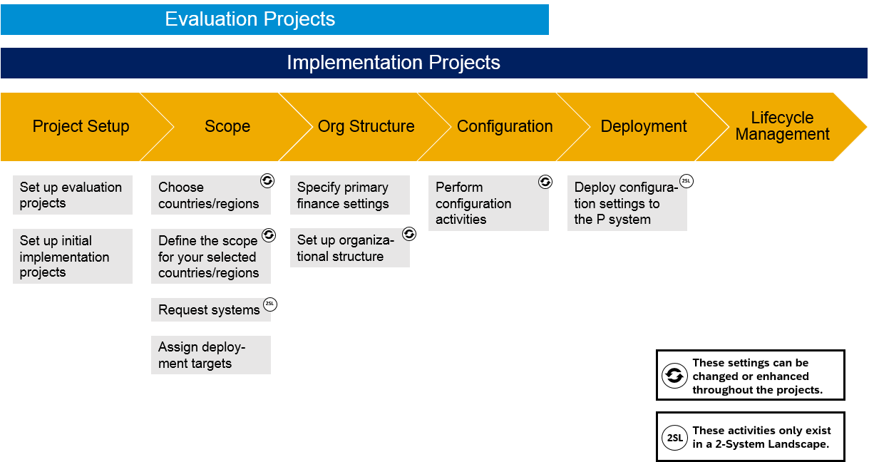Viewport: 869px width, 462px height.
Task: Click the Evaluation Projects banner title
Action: [250, 19]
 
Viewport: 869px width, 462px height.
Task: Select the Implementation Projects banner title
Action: [394, 63]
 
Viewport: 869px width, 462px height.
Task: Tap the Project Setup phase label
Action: [81, 126]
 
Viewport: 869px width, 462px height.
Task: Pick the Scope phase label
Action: [227, 126]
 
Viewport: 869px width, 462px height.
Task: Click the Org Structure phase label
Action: [366, 126]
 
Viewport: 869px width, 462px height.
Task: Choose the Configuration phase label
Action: [505, 126]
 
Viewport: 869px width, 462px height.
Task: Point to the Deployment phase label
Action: [644, 126]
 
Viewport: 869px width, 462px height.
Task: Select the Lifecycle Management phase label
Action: [782, 125]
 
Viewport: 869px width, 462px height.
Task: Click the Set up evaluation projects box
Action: [73, 195]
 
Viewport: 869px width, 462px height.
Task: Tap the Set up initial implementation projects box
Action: [73, 256]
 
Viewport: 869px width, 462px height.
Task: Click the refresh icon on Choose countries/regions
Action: [267, 181]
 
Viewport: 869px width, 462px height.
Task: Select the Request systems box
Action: [211, 309]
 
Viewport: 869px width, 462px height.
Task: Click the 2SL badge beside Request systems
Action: [270, 304]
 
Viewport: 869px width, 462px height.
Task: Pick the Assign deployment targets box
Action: [211, 355]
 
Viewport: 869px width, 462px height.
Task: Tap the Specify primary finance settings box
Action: [350, 195]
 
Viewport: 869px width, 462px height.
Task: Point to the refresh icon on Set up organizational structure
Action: [409, 234]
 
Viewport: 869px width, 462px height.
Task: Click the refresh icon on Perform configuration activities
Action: [545, 182]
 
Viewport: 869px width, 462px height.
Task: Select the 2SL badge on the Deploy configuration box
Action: [687, 181]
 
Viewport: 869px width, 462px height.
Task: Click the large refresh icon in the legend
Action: [674, 376]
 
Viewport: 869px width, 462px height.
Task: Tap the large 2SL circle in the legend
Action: [674, 438]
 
